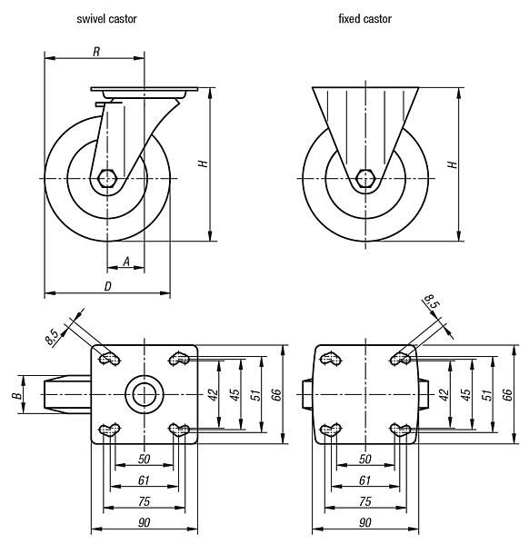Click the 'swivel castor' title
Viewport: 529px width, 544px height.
click(107, 18)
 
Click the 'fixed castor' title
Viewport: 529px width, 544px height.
click(364, 18)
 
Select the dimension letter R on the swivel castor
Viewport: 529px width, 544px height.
click(95, 52)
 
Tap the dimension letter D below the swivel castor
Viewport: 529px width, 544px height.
click(107, 286)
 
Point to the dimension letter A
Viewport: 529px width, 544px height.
click(126, 262)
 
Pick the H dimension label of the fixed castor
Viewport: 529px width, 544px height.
click(452, 164)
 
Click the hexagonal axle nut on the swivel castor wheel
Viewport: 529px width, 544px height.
click(108, 178)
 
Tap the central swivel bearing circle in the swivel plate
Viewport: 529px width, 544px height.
click(144, 395)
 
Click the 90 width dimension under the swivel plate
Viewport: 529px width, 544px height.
click(144, 522)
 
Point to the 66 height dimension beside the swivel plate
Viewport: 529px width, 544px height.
click(275, 394)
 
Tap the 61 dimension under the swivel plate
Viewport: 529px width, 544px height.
click(144, 480)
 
